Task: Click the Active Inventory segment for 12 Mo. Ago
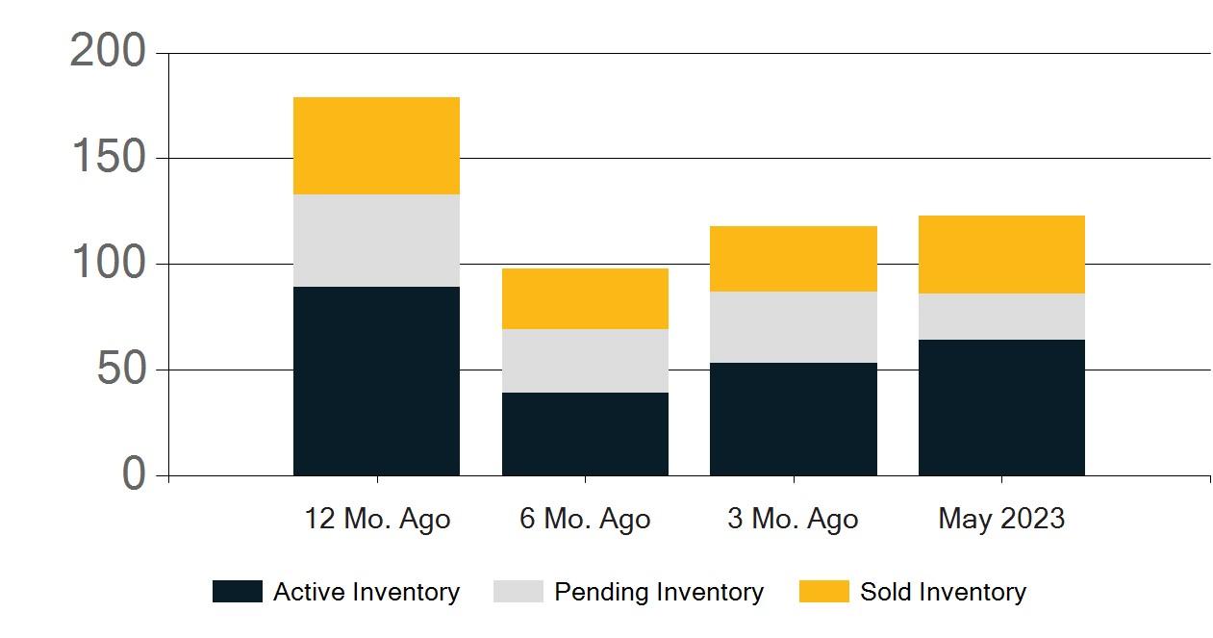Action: (376, 381)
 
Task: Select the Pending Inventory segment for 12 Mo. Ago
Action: (376, 241)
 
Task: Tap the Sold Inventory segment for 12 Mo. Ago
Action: (376, 146)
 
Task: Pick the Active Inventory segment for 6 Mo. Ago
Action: (585, 434)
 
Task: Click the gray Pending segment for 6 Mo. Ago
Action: (585, 361)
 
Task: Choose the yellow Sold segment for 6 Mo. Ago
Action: (585, 298)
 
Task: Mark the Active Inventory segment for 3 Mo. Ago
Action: (794, 420)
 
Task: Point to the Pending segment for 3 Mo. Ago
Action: (794, 327)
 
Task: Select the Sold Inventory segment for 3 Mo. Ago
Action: (794, 259)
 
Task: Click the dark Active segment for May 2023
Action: (1001, 408)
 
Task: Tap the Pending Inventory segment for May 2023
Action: (1001, 317)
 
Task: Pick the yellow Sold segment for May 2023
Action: (1001, 255)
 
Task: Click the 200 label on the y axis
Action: (108, 52)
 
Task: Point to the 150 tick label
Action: (108, 158)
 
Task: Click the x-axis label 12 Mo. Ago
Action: (377, 520)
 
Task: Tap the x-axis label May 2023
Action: (1001, 520)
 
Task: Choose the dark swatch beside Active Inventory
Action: (237, 592)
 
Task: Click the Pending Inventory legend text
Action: (658, 592)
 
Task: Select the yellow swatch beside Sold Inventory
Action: (823, 592)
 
